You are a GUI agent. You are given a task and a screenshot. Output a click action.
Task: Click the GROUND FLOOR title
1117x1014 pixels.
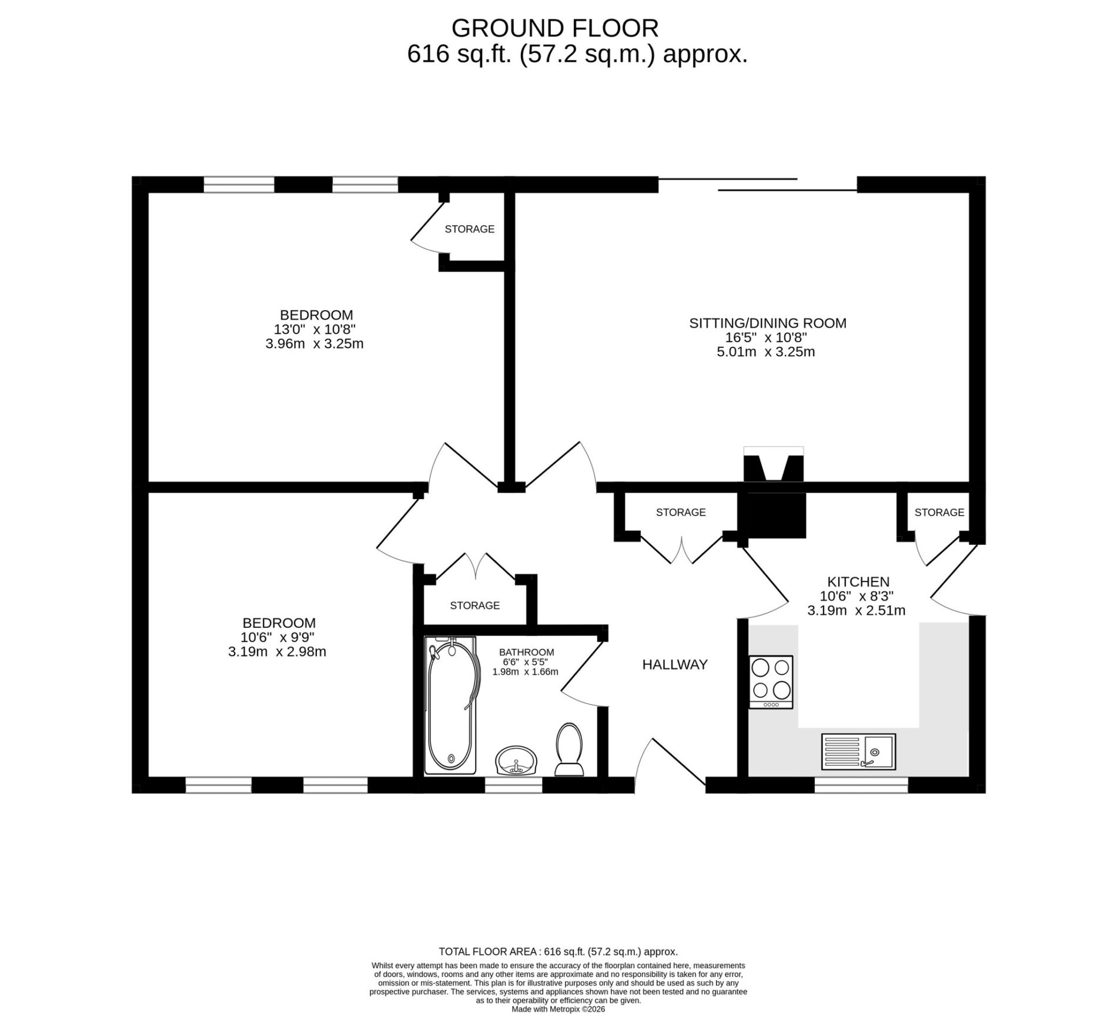pos(555,28)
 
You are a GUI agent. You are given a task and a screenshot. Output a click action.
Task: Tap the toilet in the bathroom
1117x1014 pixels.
pos(568,749)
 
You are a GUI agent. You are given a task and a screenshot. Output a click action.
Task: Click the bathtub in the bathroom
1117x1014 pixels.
pos(450,705)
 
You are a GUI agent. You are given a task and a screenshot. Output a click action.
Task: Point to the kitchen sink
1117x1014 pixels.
pos(858,751)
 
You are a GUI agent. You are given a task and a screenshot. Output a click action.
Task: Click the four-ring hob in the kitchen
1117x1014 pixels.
pos(771,682)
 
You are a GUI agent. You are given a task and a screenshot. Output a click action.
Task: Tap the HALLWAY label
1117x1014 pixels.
pos(674,665)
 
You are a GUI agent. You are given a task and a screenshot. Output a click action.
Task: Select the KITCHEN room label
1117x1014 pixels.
pos(858,582)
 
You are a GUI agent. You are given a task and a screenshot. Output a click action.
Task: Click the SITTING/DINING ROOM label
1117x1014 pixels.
pos(768,323)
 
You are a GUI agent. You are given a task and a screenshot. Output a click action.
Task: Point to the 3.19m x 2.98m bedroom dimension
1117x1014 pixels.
pos(277,651)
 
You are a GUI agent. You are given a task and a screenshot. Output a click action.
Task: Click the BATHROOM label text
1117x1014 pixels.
pos(526,652)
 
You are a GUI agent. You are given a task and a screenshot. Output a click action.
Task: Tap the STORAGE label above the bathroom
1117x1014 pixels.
pos(474,605)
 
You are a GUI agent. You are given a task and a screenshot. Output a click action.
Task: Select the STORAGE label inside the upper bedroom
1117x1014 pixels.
pos(469,229)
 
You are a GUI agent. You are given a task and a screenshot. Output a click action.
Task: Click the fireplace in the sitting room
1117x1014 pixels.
pos(773,464)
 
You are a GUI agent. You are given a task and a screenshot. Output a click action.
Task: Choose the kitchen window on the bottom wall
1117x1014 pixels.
pos(861,785)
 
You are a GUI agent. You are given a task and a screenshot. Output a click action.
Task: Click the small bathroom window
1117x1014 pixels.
pos(513,785)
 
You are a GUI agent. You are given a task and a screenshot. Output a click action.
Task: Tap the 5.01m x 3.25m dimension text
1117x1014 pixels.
pos(765,352)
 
